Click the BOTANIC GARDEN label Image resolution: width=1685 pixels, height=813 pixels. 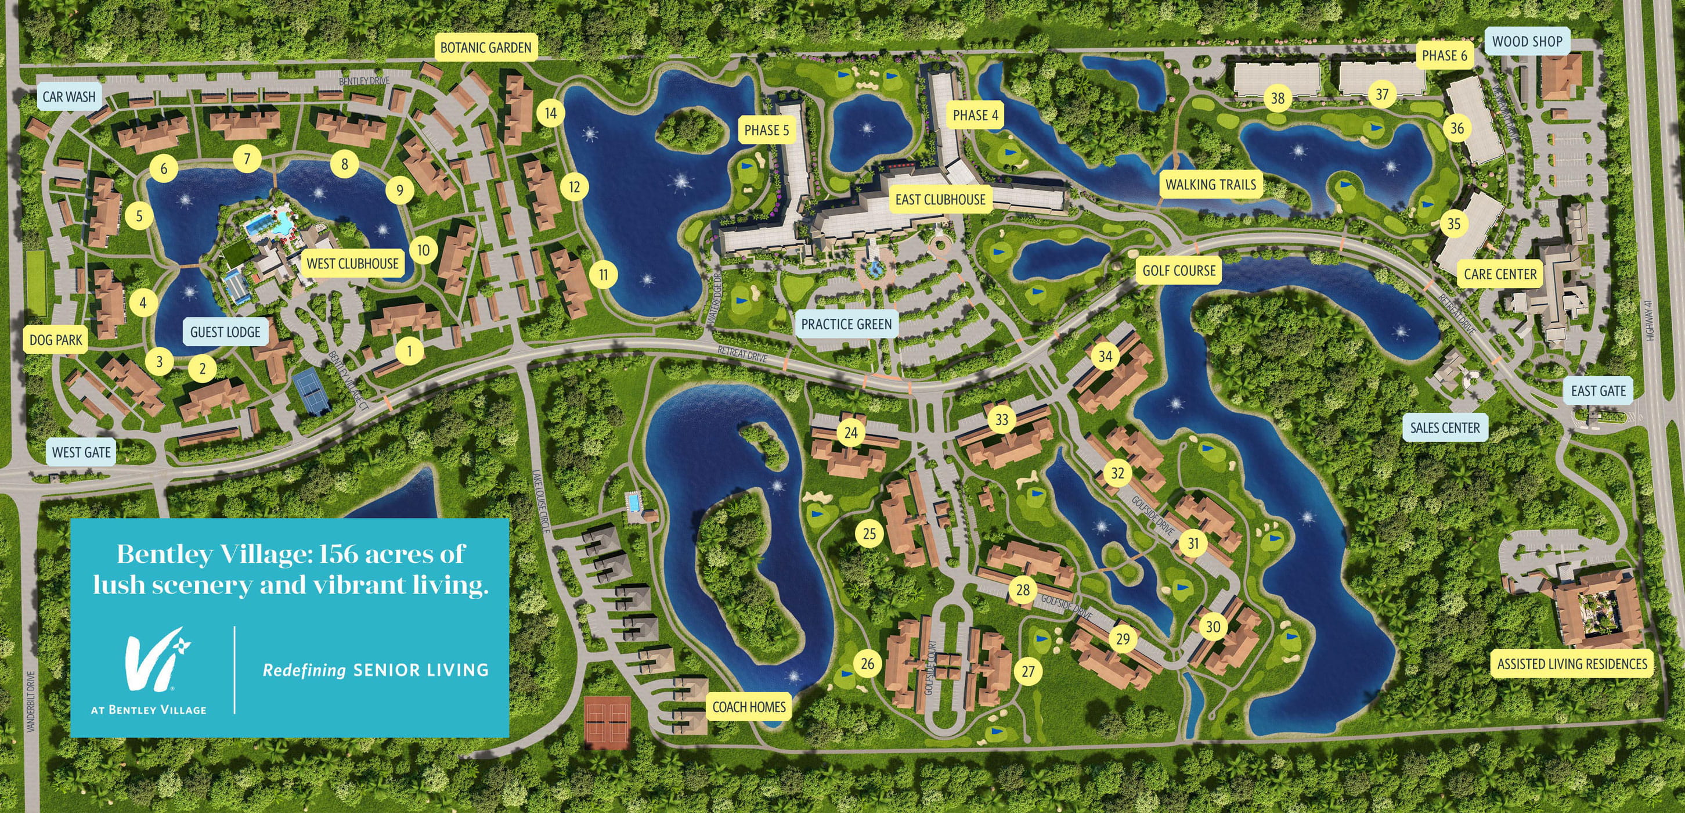pyautogui.click(x=485, y=48)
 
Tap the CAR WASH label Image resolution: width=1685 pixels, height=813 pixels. pyautogui.click(x=68, y=97)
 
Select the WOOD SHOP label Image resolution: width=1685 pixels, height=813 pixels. pyautogui.click(x=1527, y=41)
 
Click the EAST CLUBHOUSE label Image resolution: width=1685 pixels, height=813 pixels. pyautogui.click(x=940, y=200)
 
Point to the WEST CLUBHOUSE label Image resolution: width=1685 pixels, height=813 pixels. pyautogui.click(x=352, y=264)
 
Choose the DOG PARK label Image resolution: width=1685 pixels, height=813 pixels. pyautogui.click(x=56, y=340)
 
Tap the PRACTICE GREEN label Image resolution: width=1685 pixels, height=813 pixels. pyautogui.click(x=846, y=324)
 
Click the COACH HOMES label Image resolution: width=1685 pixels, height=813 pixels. pyautogui.click(x=748, y=707)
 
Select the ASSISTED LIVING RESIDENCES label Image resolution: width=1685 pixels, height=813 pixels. pyautogui.click(x=1572, y=664)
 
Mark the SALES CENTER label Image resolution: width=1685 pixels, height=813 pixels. pyautogui.click(x=1444, y=428)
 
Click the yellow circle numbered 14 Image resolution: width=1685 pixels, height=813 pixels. pyautogui.click(x=551, y=113)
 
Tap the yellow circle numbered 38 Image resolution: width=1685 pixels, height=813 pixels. pyautogui.click(x=1278, y=99)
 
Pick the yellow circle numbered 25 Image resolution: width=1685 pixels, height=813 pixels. pyautogui.click(x=869, y=534)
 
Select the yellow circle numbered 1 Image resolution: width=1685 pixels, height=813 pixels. pyautogui.click(x=409, y=351)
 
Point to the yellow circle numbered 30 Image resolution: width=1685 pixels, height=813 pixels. pyautogui.click(x=1213, y=627)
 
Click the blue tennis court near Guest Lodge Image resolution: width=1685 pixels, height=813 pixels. pyautogui.click(x=312, y=391)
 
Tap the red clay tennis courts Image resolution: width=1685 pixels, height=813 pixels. pyautogui.click(x=607, y=722)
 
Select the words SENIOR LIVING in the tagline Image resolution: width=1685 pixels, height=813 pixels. pyautogui.click(x=421, y=670)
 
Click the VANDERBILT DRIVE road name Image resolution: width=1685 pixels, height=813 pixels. pyautogui.click(x=31, y=700)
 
